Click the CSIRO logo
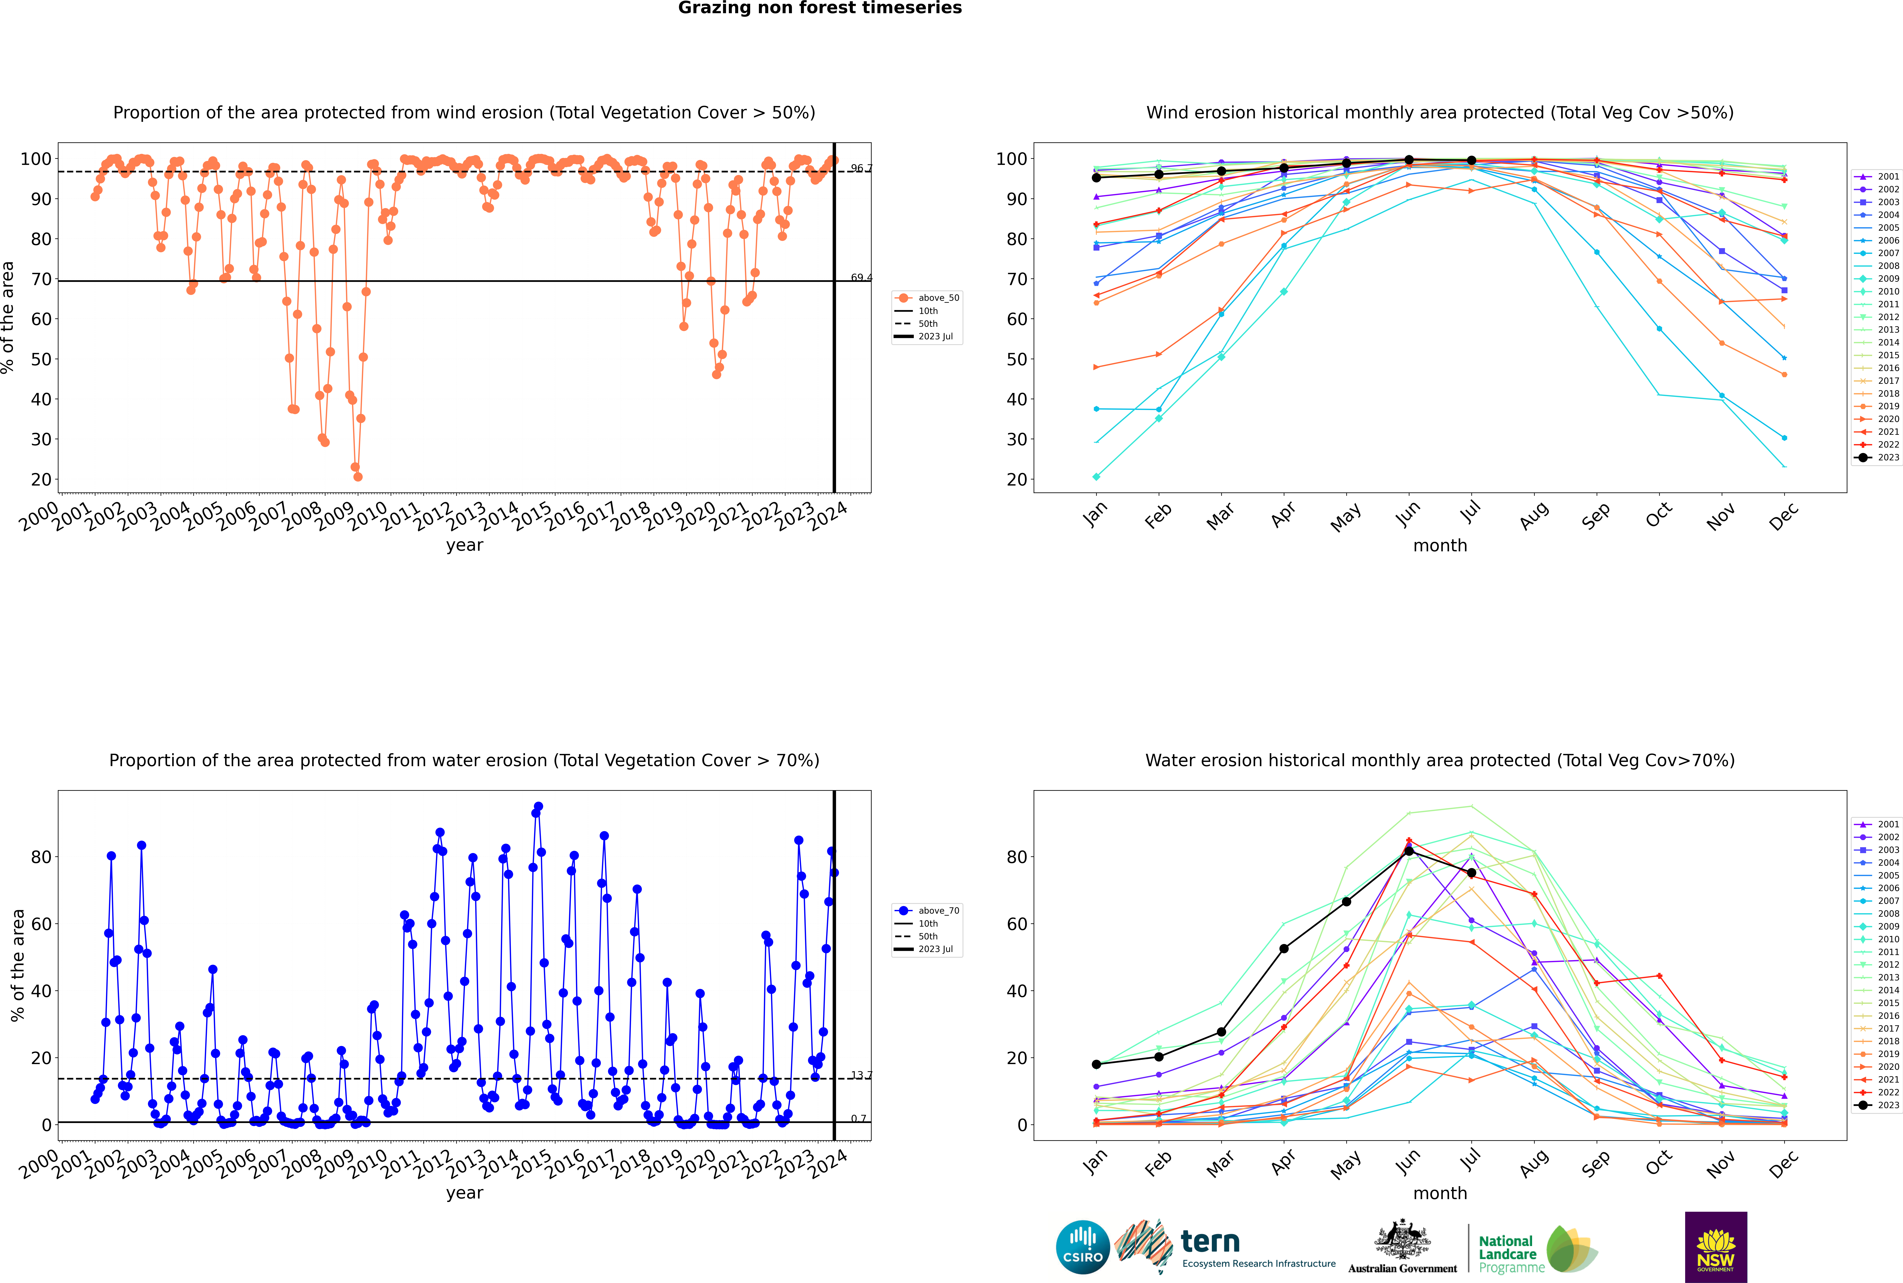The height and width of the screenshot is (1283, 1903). pyautogui.click(x=1082, y=1247)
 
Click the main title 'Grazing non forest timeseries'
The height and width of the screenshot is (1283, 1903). pyautogui.click(x=820, y=8)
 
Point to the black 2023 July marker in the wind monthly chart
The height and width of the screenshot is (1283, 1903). pyautogui.click(x=1471, y=160)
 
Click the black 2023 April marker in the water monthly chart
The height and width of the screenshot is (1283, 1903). pyautogui.click(x=1284, y=948)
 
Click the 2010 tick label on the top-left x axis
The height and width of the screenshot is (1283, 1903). pyautogui.click(x=367, y=517)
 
